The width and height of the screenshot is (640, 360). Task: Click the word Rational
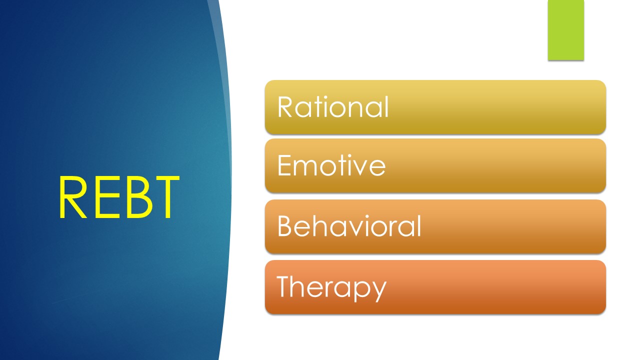(333, 107)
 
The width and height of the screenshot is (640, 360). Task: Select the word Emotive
(331, 166)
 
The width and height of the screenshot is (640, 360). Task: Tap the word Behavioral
(349, 226)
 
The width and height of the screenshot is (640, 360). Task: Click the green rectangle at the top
(565, 30)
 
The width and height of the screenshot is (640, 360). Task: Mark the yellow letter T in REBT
(162, 198)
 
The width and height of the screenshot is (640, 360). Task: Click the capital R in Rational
(285, 107)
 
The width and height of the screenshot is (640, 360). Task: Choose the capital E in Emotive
(284, 166)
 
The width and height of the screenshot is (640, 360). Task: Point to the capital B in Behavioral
(285, 226)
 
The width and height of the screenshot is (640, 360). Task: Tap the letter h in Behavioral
(321, 226)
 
